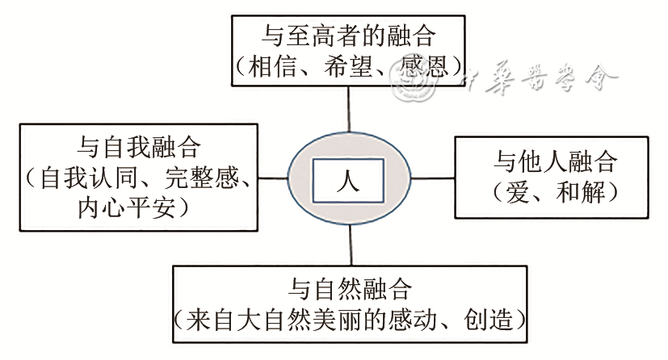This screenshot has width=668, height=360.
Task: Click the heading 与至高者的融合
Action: [x=349, y=36]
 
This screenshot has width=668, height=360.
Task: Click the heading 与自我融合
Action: [x=139, y=146]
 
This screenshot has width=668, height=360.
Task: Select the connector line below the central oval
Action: [x=350, y=243]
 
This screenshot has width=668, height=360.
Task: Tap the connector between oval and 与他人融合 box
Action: [x=433, y=178]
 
